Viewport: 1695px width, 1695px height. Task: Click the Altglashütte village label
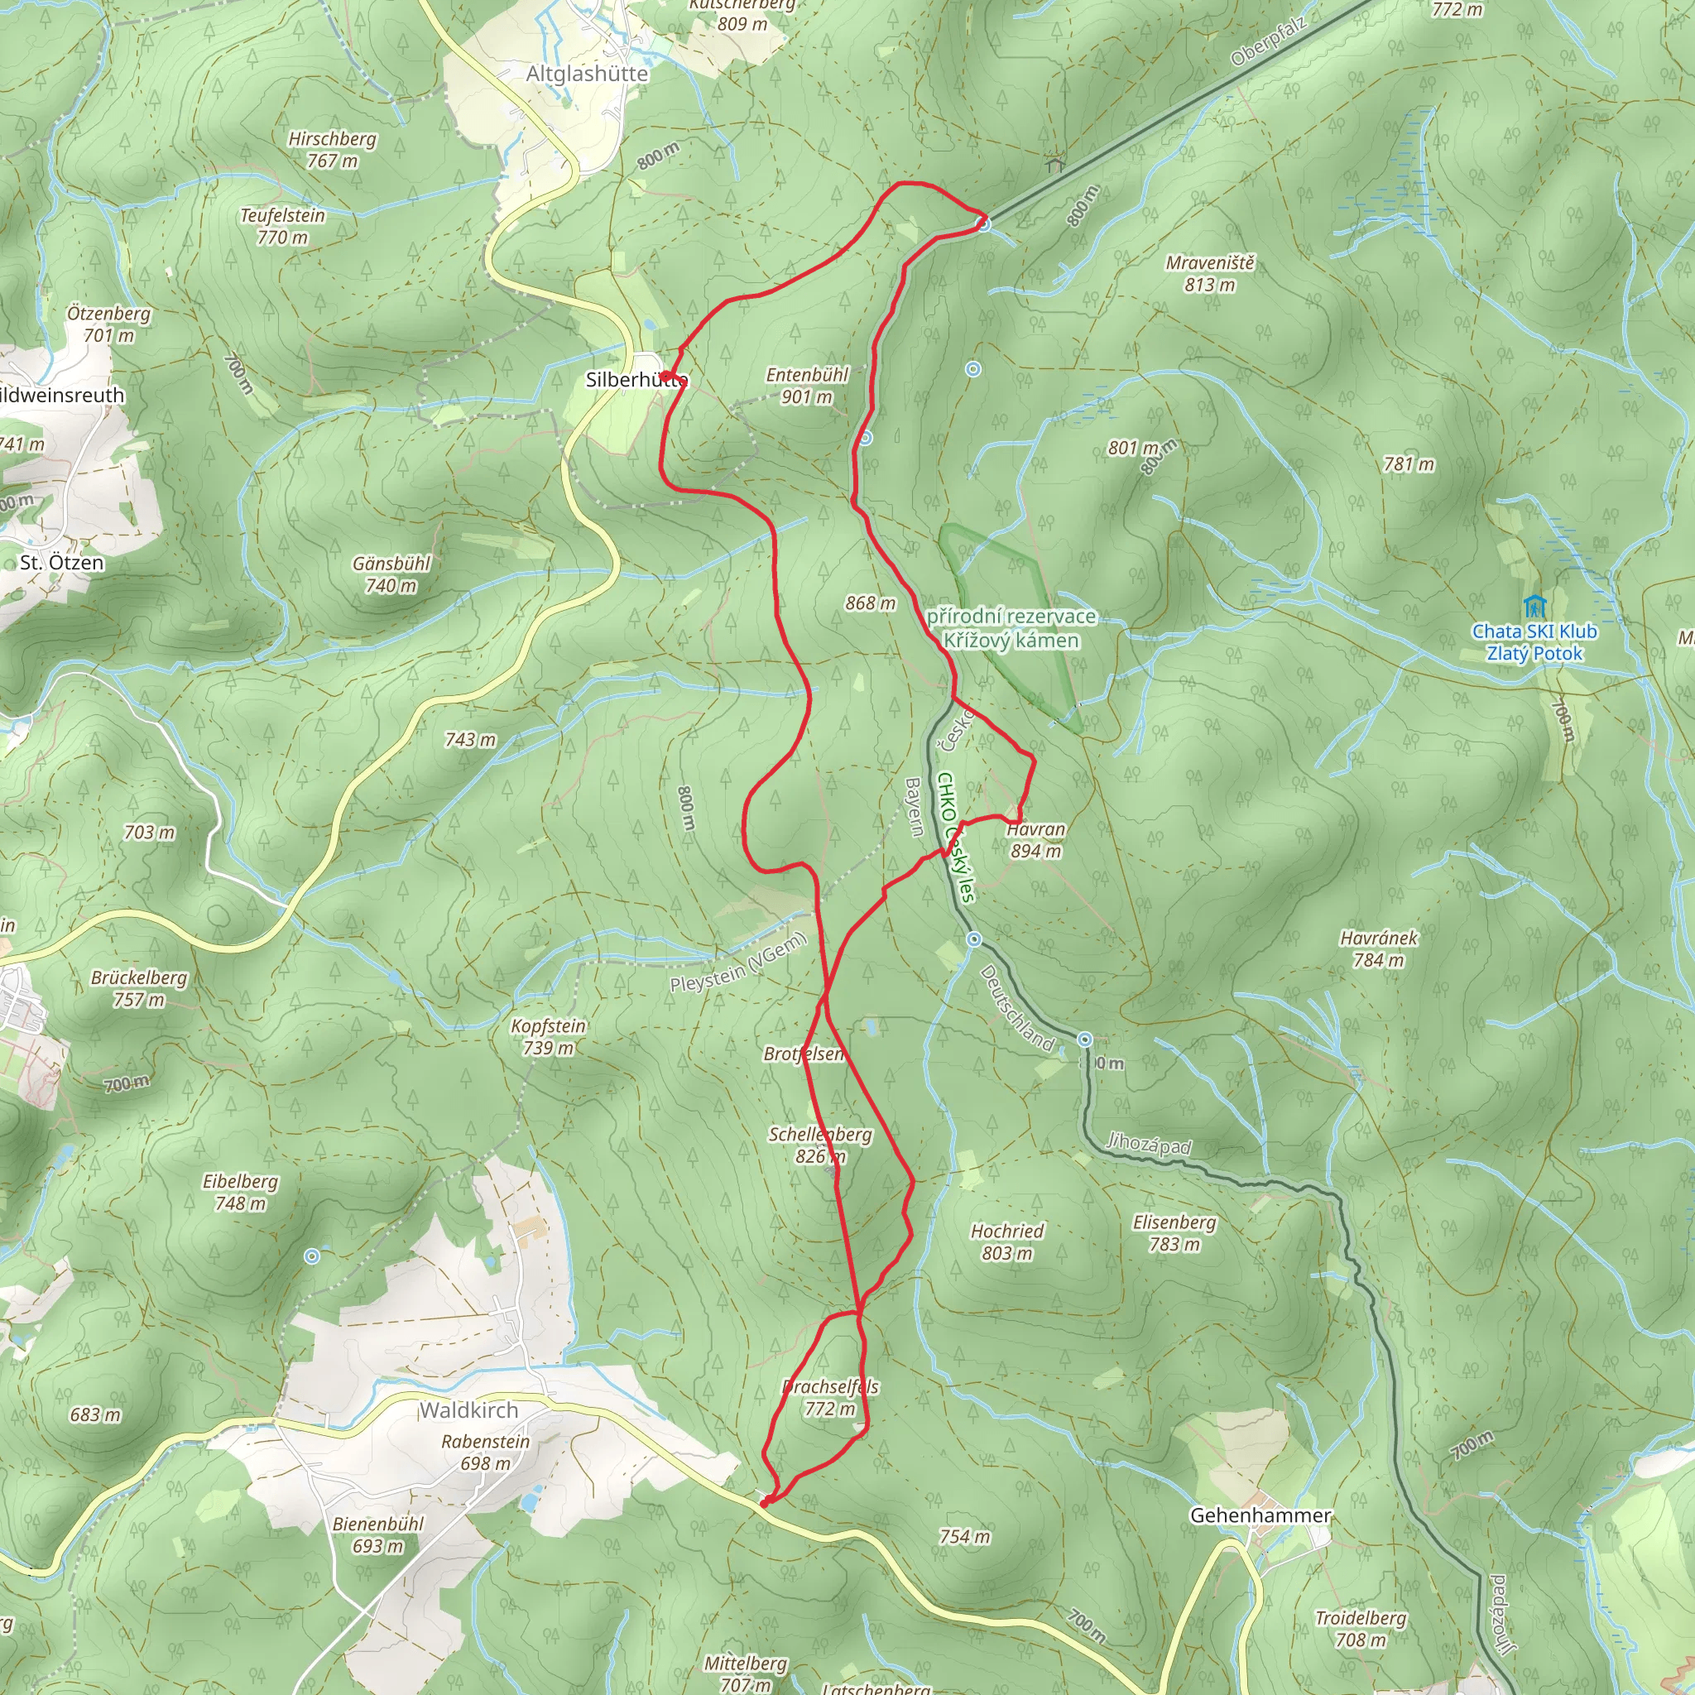coord(587,74)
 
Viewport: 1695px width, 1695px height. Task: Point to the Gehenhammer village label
coord(1260,1515)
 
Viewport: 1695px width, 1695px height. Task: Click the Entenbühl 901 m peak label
coord(806,386)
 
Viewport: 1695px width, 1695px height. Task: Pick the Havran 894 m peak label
coord(1036,839)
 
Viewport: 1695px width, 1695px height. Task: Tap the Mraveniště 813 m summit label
coord(1210,274)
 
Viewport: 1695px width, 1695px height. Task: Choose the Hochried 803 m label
coord(1007,1242)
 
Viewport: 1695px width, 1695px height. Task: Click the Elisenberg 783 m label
coord(1174,1232)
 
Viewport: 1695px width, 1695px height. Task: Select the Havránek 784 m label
coord(1378,948)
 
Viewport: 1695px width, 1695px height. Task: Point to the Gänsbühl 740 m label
coord(391,574)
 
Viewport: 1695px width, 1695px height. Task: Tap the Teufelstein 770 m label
coord(282,226)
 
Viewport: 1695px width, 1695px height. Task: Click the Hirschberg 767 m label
coord(333,150)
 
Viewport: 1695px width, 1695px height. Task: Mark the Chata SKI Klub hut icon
coord(1534,605)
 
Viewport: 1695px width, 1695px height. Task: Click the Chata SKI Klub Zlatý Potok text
coord(1534,642)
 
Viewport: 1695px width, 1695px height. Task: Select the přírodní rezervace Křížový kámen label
coord(1011,628)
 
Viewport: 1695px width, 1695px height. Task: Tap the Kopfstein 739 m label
coord(549,1036)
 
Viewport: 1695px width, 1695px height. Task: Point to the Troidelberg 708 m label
coord(1360,1628)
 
